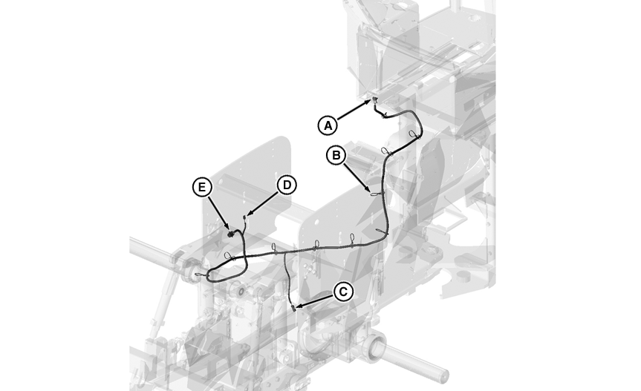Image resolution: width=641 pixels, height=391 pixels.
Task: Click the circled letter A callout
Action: point(328,125)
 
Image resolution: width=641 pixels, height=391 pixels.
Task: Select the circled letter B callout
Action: point(336,155)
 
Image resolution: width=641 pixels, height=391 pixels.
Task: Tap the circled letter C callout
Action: point(342,292)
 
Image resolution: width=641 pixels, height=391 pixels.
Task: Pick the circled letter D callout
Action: point(286,185)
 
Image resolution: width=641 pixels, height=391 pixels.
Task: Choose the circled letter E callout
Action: point(201,187)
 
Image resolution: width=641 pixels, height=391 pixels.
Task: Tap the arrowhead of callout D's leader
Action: point(247,216)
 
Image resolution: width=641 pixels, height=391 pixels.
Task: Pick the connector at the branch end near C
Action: point(294,308)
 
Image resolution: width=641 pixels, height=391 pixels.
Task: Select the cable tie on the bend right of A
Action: point(413,134)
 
